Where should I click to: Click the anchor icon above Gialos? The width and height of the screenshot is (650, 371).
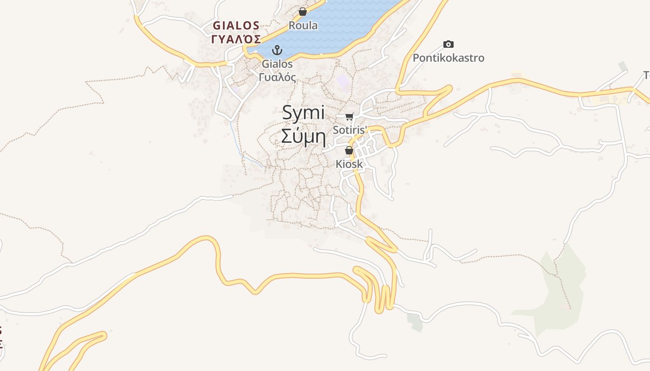point(277,50)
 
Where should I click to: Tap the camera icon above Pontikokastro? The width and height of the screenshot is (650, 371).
point(448,45)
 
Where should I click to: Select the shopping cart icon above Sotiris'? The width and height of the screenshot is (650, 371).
point(350,116)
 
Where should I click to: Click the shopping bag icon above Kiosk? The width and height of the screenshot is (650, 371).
point(349,150)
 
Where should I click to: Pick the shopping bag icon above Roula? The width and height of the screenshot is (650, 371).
point(303,12)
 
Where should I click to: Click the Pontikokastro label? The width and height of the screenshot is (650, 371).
point(448,58)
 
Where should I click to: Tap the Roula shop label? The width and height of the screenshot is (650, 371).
point(303,26)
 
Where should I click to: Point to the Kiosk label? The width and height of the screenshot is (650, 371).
point(349,164)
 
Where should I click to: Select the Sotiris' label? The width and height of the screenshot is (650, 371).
point(350,130)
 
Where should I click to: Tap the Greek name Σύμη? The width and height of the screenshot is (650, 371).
point(304,137)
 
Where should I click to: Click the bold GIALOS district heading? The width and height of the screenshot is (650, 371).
point(236,25)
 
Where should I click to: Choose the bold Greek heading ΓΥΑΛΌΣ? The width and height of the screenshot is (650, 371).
point(236,39)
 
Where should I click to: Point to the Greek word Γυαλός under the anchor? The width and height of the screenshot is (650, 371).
point(277,77)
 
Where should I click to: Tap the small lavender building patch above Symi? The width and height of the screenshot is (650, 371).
point(344,82)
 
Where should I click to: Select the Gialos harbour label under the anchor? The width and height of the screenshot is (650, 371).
point(277,64)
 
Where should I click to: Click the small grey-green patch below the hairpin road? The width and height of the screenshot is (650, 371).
point(415,322)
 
